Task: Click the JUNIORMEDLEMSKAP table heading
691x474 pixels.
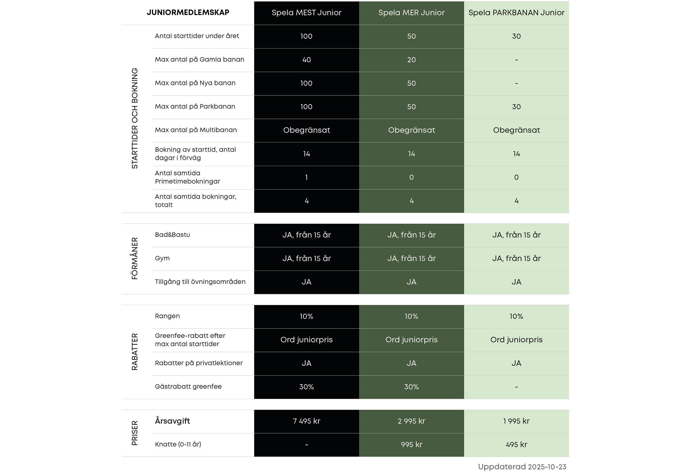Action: tap(188, 12)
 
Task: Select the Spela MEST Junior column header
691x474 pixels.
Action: tap(306, 12)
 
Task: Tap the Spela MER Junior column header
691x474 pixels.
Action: tap(411, 12)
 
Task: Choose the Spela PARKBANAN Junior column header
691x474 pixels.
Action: tap(516, 12)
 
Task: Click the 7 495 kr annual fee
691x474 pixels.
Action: tap(306, 421)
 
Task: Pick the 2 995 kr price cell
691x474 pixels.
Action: tap(411, 421)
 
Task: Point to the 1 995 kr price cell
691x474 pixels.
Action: tap(516, 421)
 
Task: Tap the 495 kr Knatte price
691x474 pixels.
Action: tap(516, 445)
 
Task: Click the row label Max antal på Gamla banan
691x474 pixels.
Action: tap(199, 59)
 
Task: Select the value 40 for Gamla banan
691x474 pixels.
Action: tap(306, 60)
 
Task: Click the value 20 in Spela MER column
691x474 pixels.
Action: tap(411, 60)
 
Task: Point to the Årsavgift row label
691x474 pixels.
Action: tap(172, 421)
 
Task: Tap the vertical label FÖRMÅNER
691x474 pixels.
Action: tap(135, 258)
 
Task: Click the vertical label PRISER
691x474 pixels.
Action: tap(135, 433)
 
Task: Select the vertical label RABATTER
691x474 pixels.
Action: tap(135, 352)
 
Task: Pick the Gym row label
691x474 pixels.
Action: tap(162, 258)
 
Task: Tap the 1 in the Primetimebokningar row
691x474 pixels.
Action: tap(306, 177)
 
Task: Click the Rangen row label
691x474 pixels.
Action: tap(167, 316)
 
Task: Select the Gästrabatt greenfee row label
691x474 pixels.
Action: tap(188, 386)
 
